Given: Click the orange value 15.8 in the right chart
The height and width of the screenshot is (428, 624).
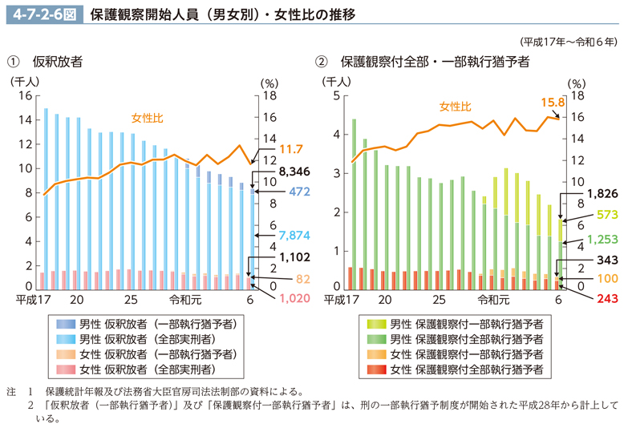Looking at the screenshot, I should pos(553,103).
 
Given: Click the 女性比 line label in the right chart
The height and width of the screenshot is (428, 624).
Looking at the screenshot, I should pos(455,106).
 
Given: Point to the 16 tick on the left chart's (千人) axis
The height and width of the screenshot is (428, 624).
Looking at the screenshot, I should pos(24,95).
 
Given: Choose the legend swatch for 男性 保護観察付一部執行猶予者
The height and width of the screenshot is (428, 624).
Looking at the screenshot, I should pos(374,324).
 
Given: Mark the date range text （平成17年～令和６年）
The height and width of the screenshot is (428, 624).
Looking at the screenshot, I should pos(568,42).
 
